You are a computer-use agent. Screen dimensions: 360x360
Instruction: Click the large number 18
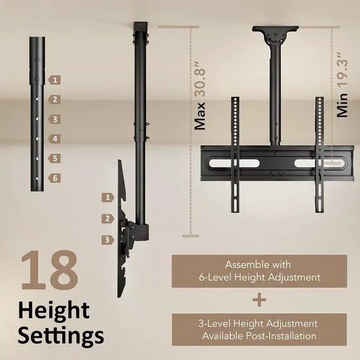pyautogui.click(x=49, y=271)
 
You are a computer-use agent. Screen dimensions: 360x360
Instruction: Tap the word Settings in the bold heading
pyautogui.click(x=60, y=335)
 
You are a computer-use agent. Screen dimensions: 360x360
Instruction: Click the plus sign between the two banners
pyautogui.click(x=259, y=300)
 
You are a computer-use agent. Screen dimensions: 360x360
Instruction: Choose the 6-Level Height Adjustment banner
pyautogui.click(x=259, y=271)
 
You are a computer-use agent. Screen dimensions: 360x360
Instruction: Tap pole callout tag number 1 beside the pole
pyautogui.click(x=54, y=80)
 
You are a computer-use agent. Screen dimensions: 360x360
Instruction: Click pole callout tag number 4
pyautogui.click(x=54, y=138)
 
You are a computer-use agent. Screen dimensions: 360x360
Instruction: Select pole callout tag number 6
pyautogui.click(x=54, y=178)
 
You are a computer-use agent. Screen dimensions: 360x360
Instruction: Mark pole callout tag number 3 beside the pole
pyautogui.click(x=54, y=119)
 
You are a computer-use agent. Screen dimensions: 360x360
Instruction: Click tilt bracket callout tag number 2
pyautogui.click(x=107, y=218)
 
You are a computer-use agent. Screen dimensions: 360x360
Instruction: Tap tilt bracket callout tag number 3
pyautogui.click(x=107, y=240)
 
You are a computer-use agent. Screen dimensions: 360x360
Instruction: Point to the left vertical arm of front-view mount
pyautogui.click(x=235, y=155)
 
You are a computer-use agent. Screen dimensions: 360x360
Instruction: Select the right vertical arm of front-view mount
pyautogui.click(x=318, y=155)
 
